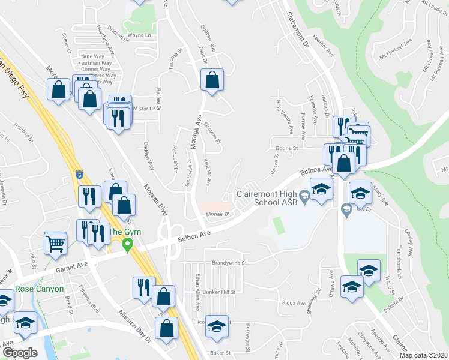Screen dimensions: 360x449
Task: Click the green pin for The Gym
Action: click(127, 245)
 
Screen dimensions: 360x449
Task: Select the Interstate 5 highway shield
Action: click(80, 175)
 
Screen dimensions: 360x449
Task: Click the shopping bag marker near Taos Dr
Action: click(212, 80)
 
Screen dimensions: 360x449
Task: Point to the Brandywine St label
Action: click(229, 263)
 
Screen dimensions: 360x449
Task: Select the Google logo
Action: click(20, 353)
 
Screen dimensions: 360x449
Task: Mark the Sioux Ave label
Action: click(293, 303)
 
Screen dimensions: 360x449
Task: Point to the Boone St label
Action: click(287, 148)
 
